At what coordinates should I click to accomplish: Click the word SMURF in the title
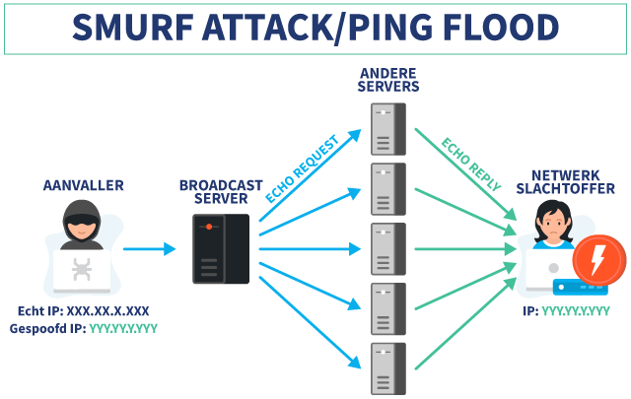[x=133, y=28]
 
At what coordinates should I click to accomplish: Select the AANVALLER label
[x=83, y=185]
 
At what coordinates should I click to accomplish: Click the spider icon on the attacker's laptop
[x=82, y=269]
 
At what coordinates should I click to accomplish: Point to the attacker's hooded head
[x=81, y=221]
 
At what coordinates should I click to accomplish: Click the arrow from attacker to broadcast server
[x=149, y=249]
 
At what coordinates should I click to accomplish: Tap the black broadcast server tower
[x=221, y=249]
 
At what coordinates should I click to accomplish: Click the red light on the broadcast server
[x=209, y=227]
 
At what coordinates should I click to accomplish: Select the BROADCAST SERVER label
[x=221, y=192]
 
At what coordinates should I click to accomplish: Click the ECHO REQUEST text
[x=303, y=168]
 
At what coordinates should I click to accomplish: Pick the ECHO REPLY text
[x=471, y=165]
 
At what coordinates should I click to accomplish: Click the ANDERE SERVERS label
[x=388, y=80]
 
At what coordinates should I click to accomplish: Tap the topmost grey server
[x=388, y=129]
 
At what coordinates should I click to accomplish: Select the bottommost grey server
[x=388, y=368]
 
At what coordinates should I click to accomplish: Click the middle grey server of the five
[x=388, y=249]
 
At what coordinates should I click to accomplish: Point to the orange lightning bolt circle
[x=599, y=260]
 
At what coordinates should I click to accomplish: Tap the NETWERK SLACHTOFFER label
[x=565, y=182]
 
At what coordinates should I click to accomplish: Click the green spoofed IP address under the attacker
[x=123, y=329]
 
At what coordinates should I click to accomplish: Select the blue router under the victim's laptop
[x=580, y=288]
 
